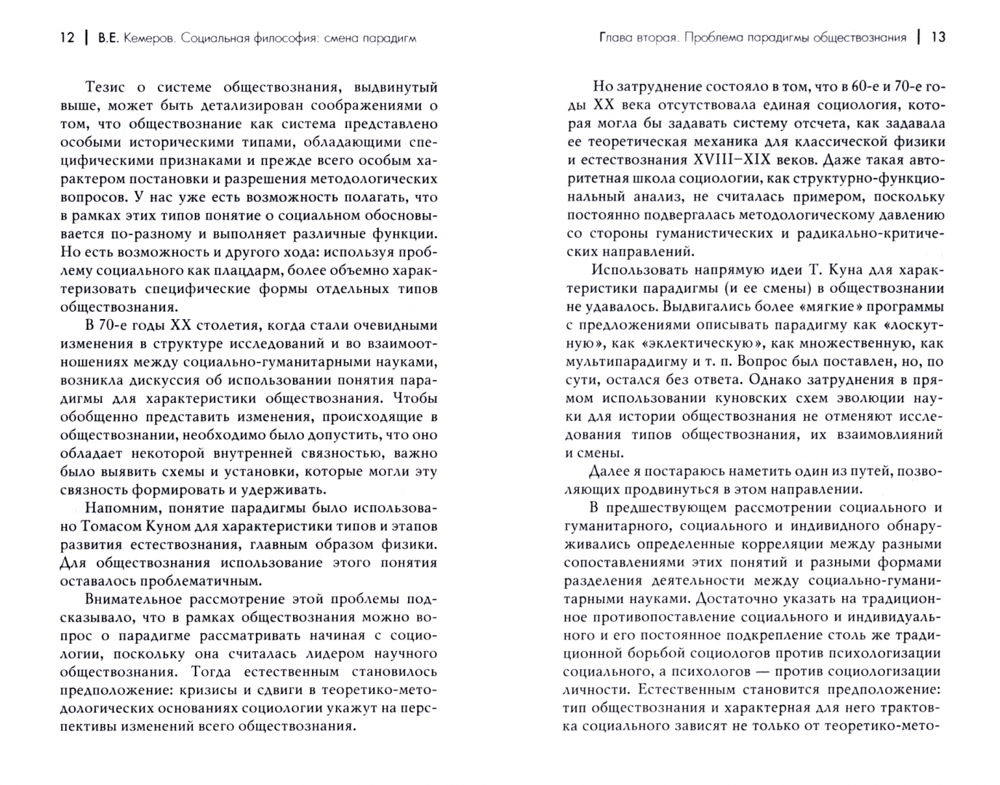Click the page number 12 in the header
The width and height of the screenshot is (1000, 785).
point(66,38)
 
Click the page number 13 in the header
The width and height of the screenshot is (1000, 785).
point(938,38)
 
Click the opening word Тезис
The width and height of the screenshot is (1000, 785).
point(108,87)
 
